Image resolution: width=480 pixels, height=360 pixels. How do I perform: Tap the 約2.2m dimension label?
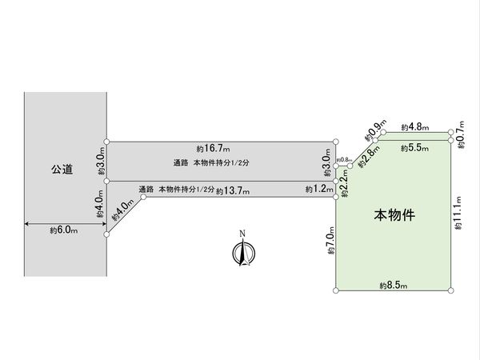(342, 188)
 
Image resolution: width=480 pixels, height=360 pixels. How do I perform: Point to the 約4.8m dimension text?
(414, 126)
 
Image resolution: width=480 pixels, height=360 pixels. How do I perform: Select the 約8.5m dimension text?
(394, 285)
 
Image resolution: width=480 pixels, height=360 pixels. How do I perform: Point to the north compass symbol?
(241, 254)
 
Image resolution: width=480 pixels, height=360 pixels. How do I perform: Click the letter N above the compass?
(241, 235)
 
